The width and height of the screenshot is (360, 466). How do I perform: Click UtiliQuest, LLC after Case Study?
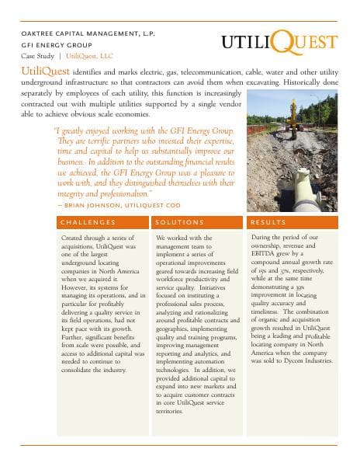[88, 57]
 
